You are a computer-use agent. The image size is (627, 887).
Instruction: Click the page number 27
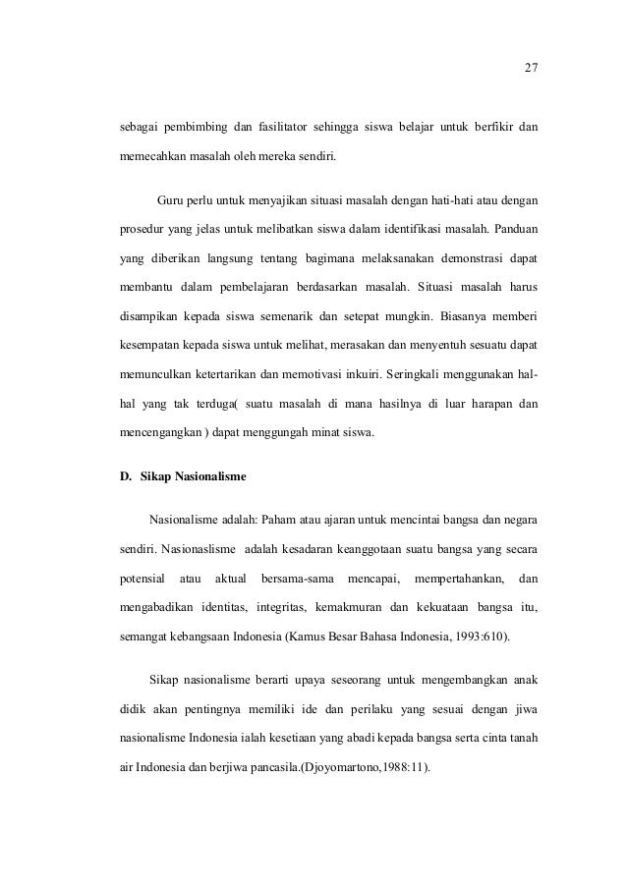tap(531, 68)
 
